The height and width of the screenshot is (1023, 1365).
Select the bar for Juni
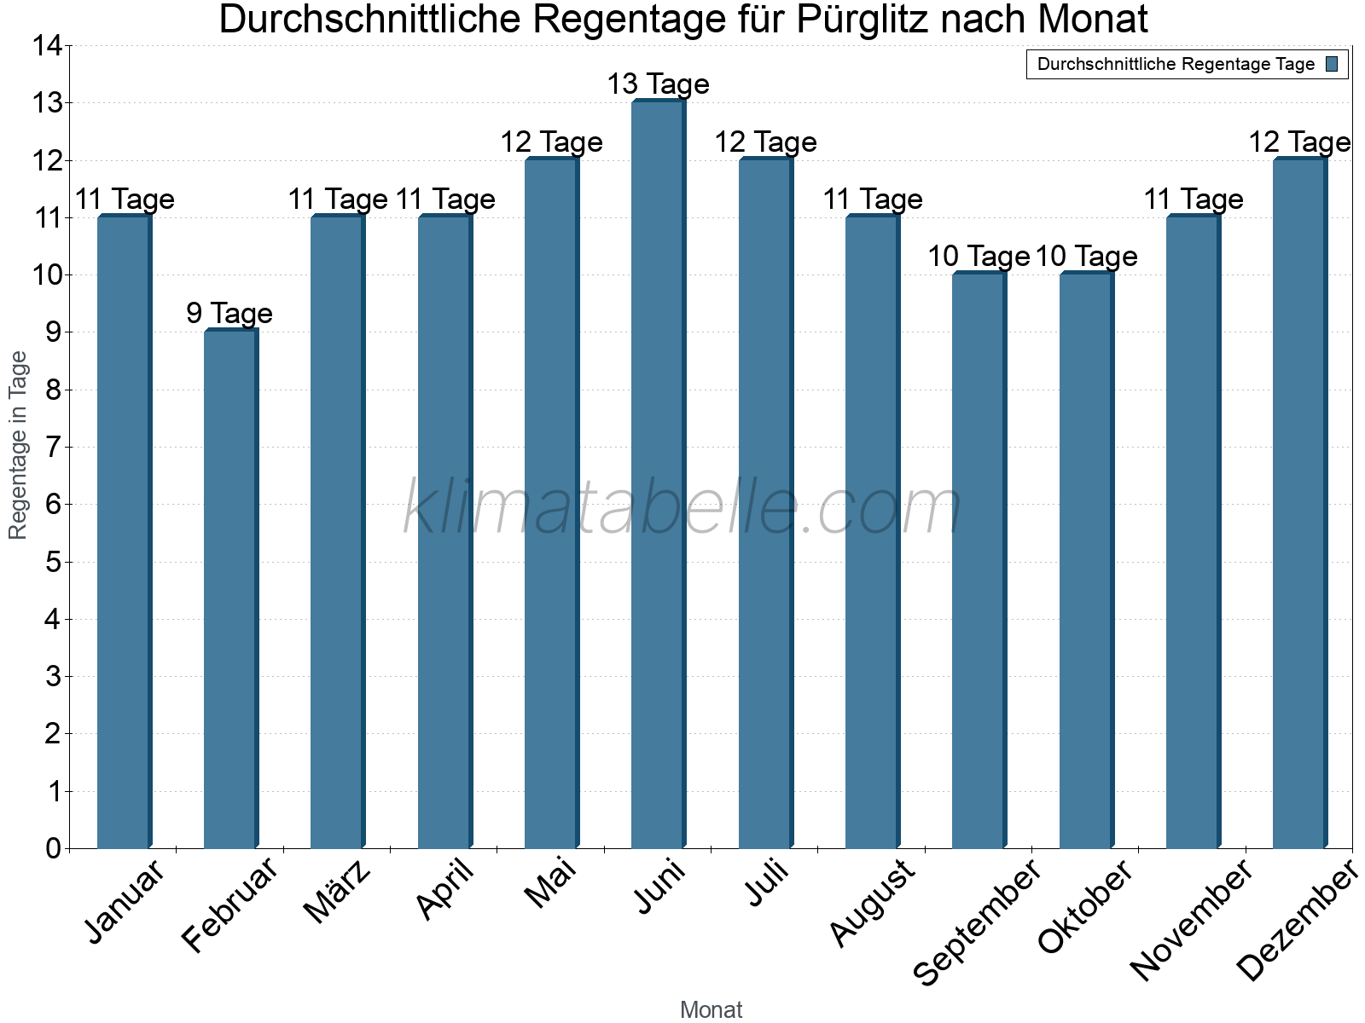(658, 475)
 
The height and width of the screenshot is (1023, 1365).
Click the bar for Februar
(230, 589)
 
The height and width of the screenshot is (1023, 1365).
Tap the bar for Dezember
(1299, 504)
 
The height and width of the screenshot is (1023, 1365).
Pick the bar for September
(979, 561)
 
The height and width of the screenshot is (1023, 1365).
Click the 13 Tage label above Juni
(658, 84)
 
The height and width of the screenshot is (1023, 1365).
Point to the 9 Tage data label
(229, 314)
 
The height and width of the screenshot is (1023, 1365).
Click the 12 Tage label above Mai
(551, 142)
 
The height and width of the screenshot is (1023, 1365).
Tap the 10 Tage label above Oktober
(1086, 257)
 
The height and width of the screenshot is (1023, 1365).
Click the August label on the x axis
(873, 903)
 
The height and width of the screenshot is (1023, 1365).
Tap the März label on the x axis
(338, 893)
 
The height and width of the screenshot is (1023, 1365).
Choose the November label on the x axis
(1192, 920)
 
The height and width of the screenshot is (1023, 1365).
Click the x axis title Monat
(711, 1010)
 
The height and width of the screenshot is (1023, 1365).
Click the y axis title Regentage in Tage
(18, 445)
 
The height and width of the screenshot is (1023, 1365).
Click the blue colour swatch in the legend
(1332, 64)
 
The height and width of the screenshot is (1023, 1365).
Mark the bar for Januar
(124, 532)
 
